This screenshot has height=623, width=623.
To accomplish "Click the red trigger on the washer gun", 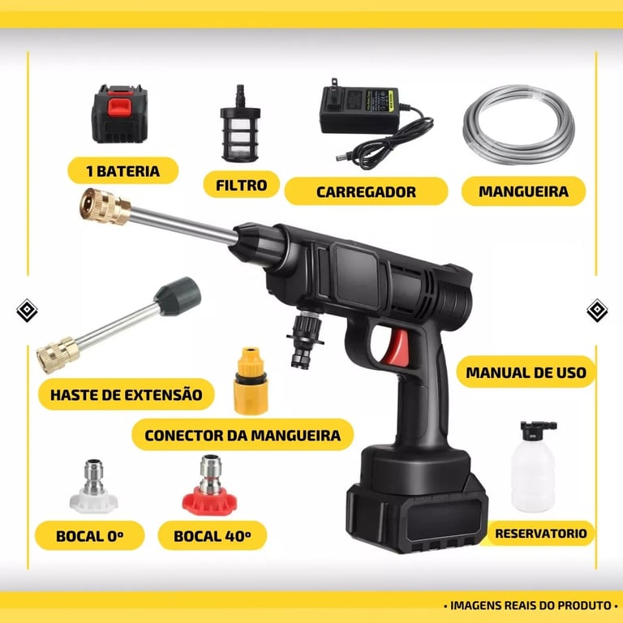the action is [x=397, y=348].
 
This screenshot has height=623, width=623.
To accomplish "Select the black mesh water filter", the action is [x=240, y=124].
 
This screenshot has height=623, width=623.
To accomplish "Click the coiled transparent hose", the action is [x=518, y=124].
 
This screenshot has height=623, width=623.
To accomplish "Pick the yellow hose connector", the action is [x=251, y=381].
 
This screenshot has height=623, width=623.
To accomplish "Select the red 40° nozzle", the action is [x=209, y=486].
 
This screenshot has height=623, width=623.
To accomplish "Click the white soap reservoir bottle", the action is [x=533, y=467].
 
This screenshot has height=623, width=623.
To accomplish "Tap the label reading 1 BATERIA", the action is [x=123, y=171].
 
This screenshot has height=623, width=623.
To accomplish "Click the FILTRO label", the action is [x=241, y=185].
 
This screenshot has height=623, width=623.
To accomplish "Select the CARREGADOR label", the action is [x=366, y=191].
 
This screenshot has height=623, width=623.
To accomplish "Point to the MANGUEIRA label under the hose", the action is [x=523, y=191].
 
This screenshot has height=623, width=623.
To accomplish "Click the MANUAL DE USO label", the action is [x=526, y=372].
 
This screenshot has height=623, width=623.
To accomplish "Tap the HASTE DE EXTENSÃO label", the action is [x=126, y=394].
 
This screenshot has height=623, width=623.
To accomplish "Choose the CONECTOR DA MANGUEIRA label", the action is [x=243, y=435].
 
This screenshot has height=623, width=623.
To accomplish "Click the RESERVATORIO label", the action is [x=540, y=533].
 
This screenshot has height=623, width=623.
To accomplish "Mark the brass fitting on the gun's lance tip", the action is [x=104, y=207].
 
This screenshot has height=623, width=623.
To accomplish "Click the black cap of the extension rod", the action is [x=178, y=296].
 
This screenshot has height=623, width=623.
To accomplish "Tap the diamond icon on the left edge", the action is [x=27, y=310].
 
